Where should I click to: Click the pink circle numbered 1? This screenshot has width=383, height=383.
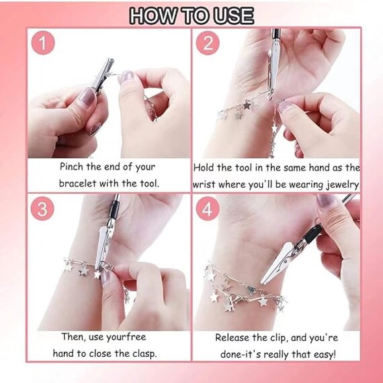43,43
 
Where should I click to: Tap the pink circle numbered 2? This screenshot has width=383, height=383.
208,43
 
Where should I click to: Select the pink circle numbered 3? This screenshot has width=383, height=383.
42,209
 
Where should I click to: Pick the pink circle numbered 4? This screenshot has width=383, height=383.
207,209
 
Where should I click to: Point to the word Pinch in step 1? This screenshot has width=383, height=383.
71,167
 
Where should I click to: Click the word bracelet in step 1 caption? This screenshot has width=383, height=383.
77,183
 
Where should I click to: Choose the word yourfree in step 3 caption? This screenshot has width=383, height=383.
126,337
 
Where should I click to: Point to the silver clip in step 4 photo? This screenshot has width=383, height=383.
277,263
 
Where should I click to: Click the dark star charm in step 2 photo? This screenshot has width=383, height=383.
247,105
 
